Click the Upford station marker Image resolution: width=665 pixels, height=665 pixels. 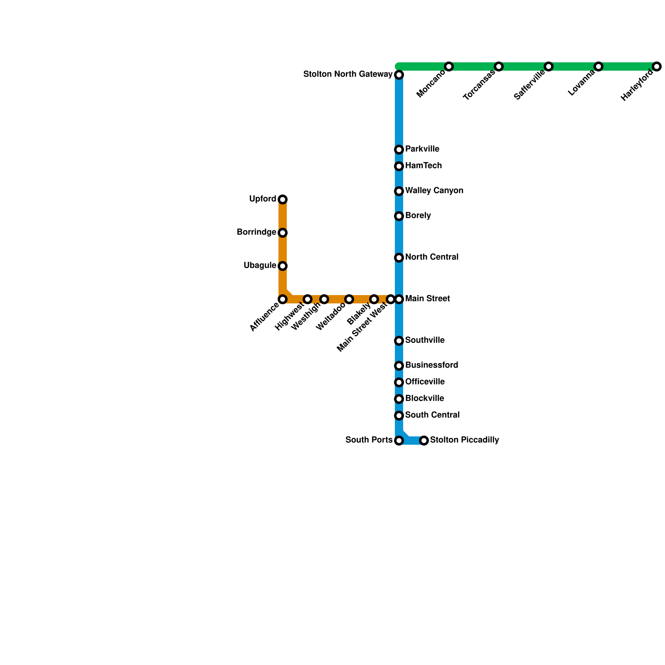pos(283,199)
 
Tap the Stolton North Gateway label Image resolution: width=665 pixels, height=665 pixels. pos(348,74)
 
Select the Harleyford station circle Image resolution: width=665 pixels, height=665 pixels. pos(656,66)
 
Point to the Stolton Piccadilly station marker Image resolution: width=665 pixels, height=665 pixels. pos(424,440)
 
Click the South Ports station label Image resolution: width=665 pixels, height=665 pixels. pos(369,440)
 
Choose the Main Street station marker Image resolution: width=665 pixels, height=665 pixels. pos(399,299)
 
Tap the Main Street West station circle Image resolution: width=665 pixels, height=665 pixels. pos(390,299)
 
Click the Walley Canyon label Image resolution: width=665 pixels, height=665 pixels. pos(434,191)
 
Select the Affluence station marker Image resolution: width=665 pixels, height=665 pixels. pos(283,299)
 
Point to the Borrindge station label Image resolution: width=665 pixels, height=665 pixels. pos(256,232)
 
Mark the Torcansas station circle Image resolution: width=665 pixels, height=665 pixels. pos(499,66)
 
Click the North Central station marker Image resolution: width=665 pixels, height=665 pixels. pos(399,258)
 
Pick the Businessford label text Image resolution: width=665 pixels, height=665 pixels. pos(431,365)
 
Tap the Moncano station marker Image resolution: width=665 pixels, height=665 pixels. pos(448,66)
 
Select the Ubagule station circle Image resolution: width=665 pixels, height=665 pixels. pos(283,266)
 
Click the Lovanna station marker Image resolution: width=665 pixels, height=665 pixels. pos(598,66)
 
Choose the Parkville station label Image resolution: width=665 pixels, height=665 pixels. pos(422,149)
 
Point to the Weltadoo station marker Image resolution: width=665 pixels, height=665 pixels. pos(349,299)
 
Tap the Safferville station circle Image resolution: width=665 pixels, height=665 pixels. pos(549,66)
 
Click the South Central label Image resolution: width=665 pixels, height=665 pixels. pos(432,415)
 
